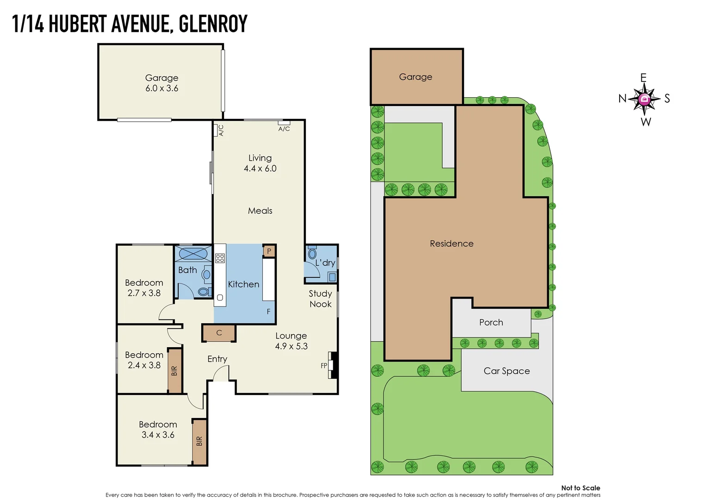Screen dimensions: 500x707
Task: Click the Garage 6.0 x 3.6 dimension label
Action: pyautogui.click(x=161, y=83)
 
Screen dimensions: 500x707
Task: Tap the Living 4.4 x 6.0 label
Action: pyautogui.click(x=260, y=163)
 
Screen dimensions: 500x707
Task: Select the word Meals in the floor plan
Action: pyautogui.click(x=260, y=211)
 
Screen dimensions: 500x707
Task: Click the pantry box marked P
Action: pyautogui.click(x=269, y=251)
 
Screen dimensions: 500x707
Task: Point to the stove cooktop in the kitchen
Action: pyautogui.click(x=220, y=258)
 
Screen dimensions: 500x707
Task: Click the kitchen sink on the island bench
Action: pyautogui.click(x=220, y=297)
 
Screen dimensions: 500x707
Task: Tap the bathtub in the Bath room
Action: pyautogui.click(x=193, y=254)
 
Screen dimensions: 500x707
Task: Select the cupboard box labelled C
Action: pyautogui.click(x=219, y=332)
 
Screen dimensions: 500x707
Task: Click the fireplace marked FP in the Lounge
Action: pyautogui.click(x=332, y=365)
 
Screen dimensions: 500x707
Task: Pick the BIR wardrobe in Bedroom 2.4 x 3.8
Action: pyautogui.click(x=174, y=371)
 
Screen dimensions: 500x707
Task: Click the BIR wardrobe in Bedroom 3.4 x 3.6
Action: pyautogui.click(x=199, y=441)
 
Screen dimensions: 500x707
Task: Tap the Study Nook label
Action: pyautogui.click(x=320, y=299)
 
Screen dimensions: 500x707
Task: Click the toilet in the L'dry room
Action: pyautogui.click(x=312, y=254)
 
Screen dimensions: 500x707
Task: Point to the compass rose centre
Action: pyautogui.click(x=644, y=99)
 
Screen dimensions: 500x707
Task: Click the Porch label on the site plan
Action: pyautogui.click(x=491, y=322)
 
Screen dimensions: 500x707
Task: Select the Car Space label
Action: pyautogui.click(x=507, y=371)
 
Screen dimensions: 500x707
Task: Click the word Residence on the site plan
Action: pyautogui.click(x=452, y=244)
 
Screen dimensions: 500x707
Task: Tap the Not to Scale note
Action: pyautogui.click(x=580, y=487)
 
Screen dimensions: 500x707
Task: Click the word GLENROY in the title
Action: pyautogui.click(x=213, y=24)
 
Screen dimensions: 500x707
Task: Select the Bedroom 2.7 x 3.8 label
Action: pyautogui.click(x=144, y=287)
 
